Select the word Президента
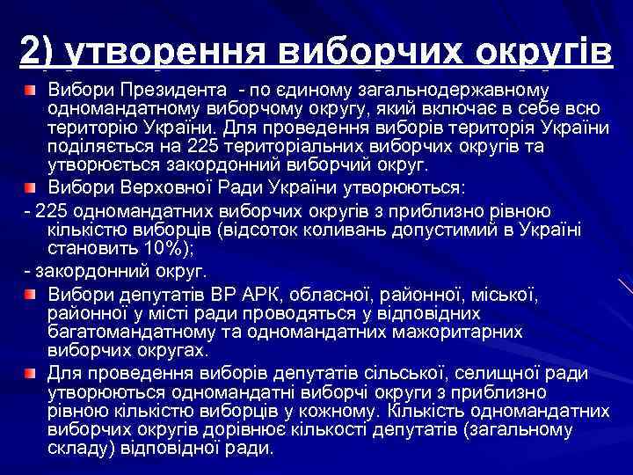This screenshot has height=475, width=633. pos(157,90)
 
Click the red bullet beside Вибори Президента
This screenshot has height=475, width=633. pos(31,91)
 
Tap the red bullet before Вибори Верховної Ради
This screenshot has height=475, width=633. pos(31,186)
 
